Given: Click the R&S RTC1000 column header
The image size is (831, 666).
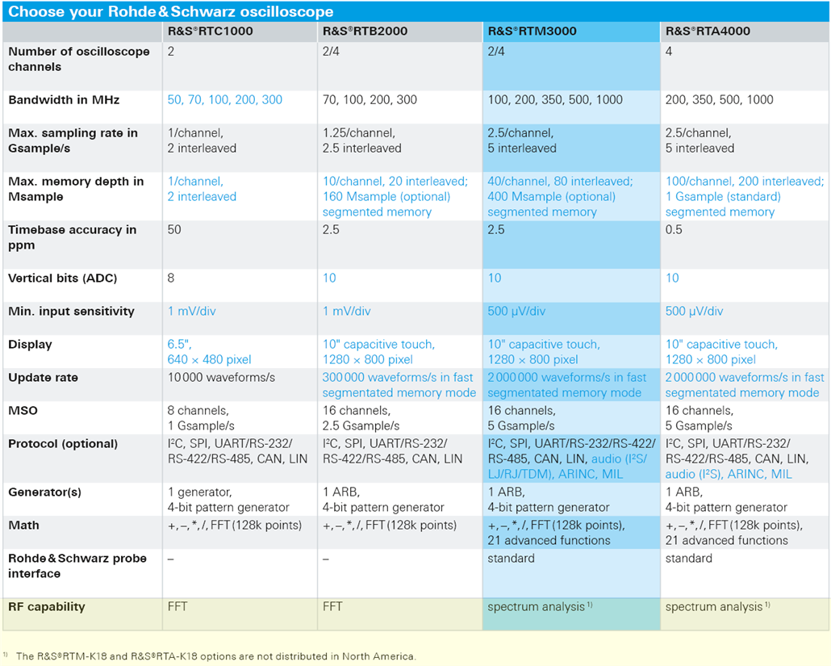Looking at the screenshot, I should point(209,31).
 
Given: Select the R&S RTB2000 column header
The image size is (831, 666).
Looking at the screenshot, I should point(365,31).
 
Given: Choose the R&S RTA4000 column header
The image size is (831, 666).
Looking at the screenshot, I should point(708,31).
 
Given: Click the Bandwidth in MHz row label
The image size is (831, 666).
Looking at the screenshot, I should point(64,100).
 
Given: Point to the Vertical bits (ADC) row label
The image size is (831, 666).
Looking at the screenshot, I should point(63,279).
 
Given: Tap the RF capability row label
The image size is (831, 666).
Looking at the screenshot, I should point(47,607).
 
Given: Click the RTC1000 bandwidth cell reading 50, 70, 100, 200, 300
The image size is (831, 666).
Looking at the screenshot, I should point(225,100).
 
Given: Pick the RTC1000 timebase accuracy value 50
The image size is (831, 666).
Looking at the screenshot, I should point(174,230).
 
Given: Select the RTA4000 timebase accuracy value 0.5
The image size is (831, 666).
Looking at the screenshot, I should point(674,230).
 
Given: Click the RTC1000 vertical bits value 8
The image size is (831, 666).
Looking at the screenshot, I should point(171,279).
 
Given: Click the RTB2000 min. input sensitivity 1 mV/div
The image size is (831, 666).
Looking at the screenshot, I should point(347,312).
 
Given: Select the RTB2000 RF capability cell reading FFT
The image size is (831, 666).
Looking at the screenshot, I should point(333,607).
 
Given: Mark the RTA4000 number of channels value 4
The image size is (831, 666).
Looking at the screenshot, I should point(669,52).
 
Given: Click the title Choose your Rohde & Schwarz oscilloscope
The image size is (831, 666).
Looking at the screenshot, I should point(171,11).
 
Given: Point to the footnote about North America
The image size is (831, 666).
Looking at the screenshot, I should point(215,656).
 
